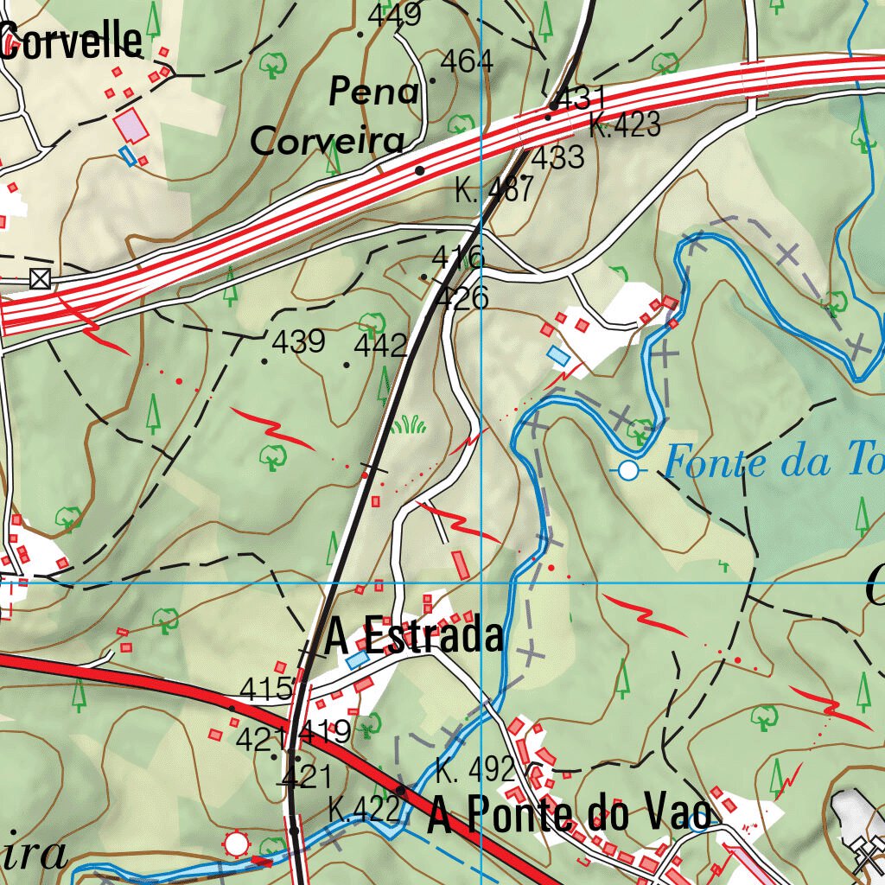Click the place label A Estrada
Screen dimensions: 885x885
pyautogui.click(x=414, y=637)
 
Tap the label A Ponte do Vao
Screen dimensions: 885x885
pyautogui.click(x=570, y=815)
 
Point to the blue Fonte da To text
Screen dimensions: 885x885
pyautogui.click(x=773, y=463)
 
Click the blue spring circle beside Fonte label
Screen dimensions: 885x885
pyautogui.click(x=629, y=471)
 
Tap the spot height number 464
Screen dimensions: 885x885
pyautogui.click(x=467, y=61)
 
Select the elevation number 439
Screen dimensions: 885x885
pyautogui.click(x=298, y=342)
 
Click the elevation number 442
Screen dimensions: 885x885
pyautogui.click(x=380, y=347)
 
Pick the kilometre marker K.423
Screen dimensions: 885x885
pyautogui.click(x=625, y=126)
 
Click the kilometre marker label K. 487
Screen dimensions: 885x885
pyautogui.click(x=494, y=189)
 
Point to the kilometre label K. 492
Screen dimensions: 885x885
pyautogui.click(x=475, y=768)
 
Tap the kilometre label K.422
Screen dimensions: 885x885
pyautogui.click(x=364, y=810)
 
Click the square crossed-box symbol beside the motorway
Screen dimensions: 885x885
pyautogui.click(x=39, y=278)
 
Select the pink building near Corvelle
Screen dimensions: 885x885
pyautogui.click(x=131, y=126)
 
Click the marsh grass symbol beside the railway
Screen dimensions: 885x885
pyautogui.click(x=408, y=423)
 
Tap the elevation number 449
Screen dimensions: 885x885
pyautogui.click(x=394, y=14)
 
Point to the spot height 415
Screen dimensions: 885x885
pyautogui.click(x=266, y=690)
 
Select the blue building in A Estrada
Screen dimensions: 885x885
pyautogui.click(x=356, y=660)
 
